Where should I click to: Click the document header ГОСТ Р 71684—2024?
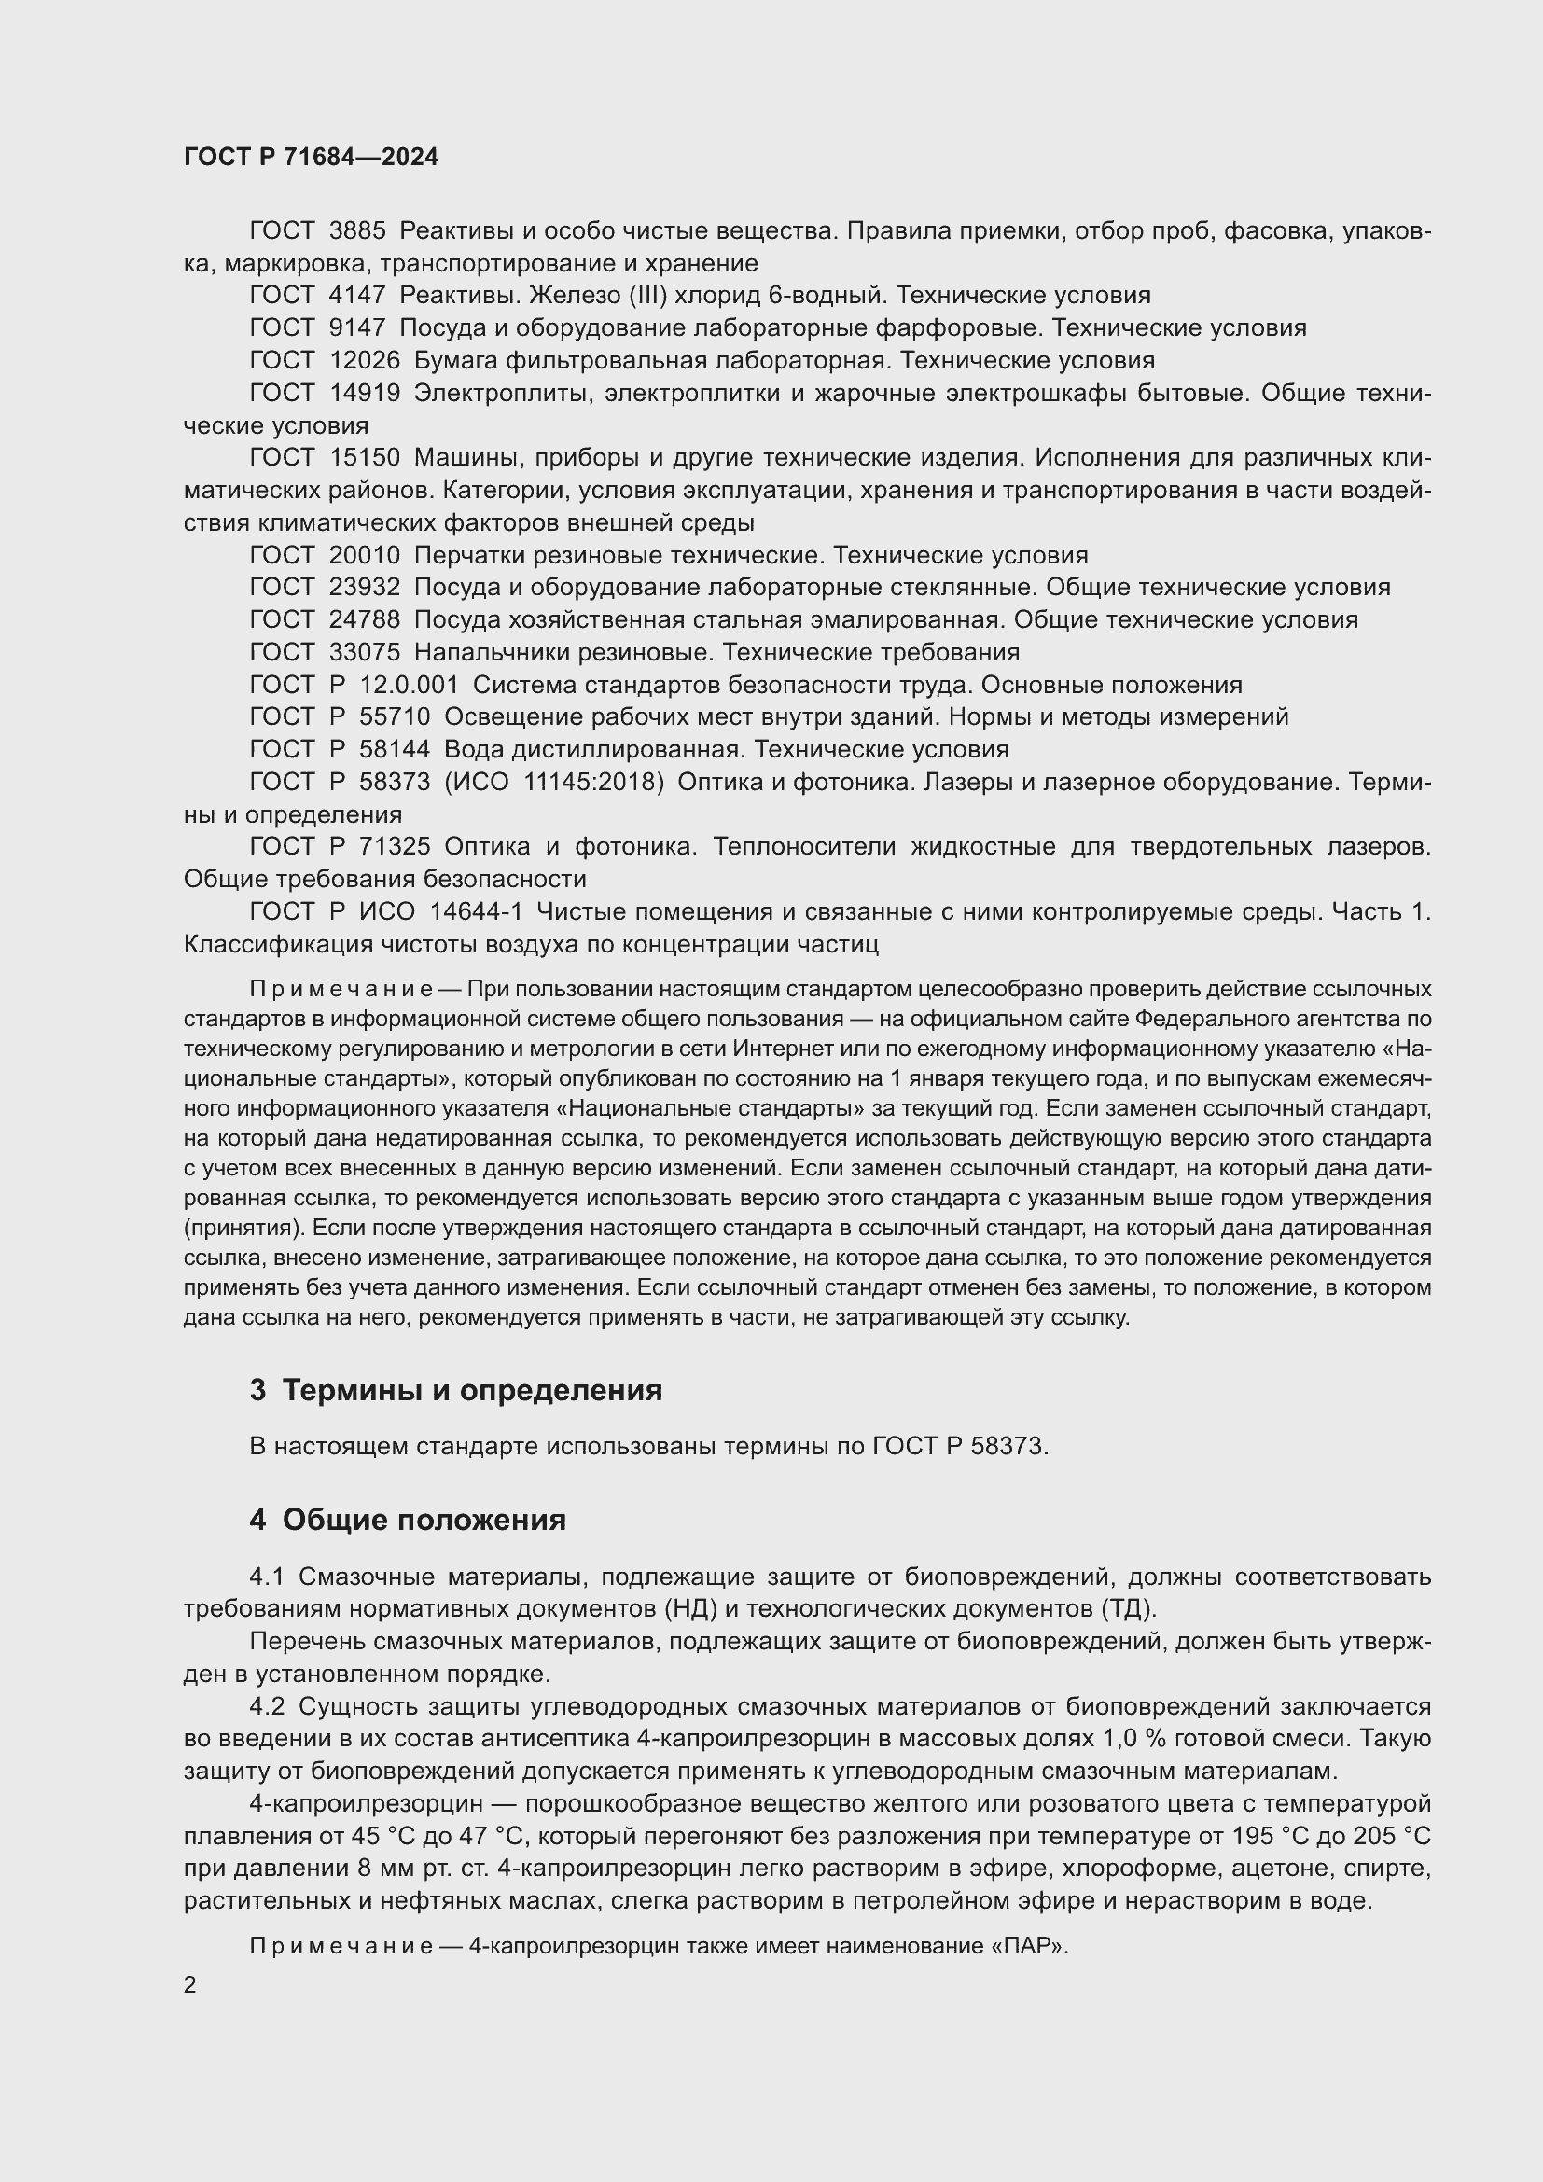(x=311, y=157)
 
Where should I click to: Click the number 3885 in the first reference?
(x=357, y=231)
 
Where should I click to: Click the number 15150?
(x=365, y=458)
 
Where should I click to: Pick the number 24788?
(x=365, y=619)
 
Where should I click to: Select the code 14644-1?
(x=476, y=911)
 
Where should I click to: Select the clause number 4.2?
(x=267, y=1706)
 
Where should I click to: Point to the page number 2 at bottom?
(x=190, y=1984)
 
